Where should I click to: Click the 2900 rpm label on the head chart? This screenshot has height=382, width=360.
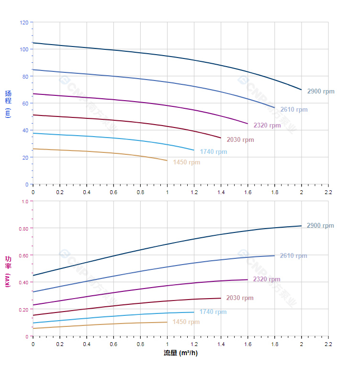tap(321, 91)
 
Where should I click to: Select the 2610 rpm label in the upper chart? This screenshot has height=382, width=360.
tap(294, 109)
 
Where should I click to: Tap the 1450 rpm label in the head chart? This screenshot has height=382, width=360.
tap(187, 162)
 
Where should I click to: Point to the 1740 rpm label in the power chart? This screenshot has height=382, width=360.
tap(213, 312)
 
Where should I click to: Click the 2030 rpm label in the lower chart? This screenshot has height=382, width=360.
tap(240, 298)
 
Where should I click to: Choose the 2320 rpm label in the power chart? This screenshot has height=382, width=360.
tap(267, 279)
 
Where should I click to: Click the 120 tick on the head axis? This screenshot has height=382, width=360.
tap(24, 23)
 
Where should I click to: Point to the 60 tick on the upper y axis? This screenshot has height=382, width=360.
tap(25, 104)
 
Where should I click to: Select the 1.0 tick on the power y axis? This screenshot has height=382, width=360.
tap(25, 201)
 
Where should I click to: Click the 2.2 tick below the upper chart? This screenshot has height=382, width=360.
tap(328, 192)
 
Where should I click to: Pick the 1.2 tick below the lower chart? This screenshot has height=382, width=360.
tap(194, 344)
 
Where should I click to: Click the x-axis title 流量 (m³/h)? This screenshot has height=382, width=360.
tap(180, 353)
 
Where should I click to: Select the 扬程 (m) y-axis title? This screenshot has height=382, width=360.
tap(8, 104)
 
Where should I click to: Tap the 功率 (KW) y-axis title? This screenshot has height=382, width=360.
tap(8, 271)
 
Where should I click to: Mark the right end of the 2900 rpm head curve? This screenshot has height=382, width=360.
tap(302, 90)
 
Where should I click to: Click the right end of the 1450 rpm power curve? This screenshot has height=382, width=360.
tap(167, 322)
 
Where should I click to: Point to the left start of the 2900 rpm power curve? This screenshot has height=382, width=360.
tap(33, 276)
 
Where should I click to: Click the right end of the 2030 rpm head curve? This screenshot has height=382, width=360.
tap(221, 138)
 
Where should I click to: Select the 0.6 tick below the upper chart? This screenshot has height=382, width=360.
tap(113, 192)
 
